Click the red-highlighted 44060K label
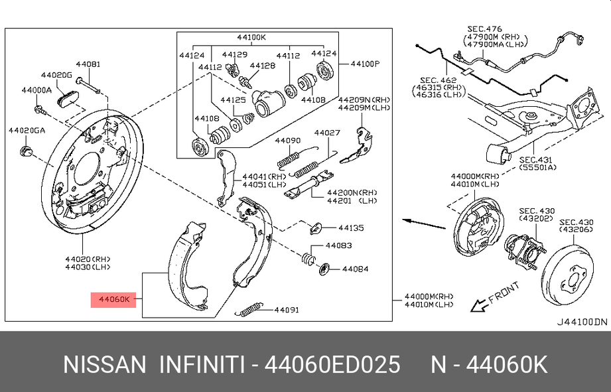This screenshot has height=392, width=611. click(113, 300)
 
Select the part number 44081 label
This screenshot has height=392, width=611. click(88, 64)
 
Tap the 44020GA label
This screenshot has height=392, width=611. click(27, 130)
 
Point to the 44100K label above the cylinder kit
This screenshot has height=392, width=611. click(251, 37)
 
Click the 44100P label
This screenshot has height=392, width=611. click(365, 64)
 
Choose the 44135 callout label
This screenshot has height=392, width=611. click(351, 228)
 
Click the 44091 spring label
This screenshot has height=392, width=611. click(287, 310)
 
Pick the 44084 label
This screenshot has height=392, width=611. click(356, 269)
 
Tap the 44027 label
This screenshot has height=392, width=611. click(327, 133)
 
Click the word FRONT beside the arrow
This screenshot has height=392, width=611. click(504, 293)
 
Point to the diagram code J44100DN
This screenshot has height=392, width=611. click(582, 322)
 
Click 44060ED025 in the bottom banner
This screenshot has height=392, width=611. click(332, 365)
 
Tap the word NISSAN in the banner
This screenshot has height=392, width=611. click(104, 365)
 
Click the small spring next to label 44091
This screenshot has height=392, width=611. click(249, 309)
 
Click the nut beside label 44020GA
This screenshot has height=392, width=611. click(26, 151)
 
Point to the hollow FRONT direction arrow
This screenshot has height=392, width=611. click(479, 304)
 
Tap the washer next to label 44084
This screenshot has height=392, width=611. click(324, 269)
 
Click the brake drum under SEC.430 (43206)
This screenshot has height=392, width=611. click(568, 275)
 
